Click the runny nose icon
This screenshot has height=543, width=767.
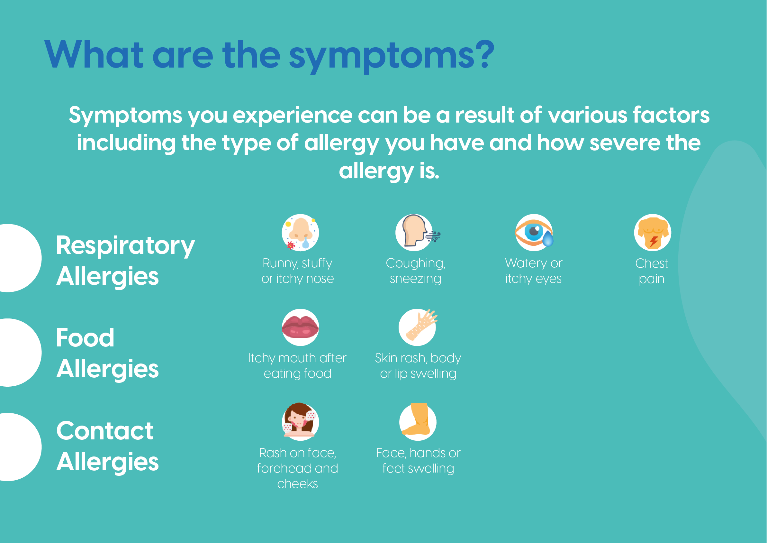(x=300, y=232)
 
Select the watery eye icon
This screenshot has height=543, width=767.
(x=534, y=232)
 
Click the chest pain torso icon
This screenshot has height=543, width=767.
(x=653, y=232)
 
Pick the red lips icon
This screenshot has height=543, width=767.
(x=300, y=327)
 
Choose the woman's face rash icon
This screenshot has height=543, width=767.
(x=300, y=422)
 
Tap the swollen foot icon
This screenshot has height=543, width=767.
(x=418, y=422)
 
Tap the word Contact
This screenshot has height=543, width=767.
(x=105, y=431)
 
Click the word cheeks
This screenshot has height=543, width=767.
(x=298, y=483)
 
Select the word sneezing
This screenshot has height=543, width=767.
(x=416, y=279)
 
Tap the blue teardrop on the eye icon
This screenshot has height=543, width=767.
(x=548, y=239)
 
